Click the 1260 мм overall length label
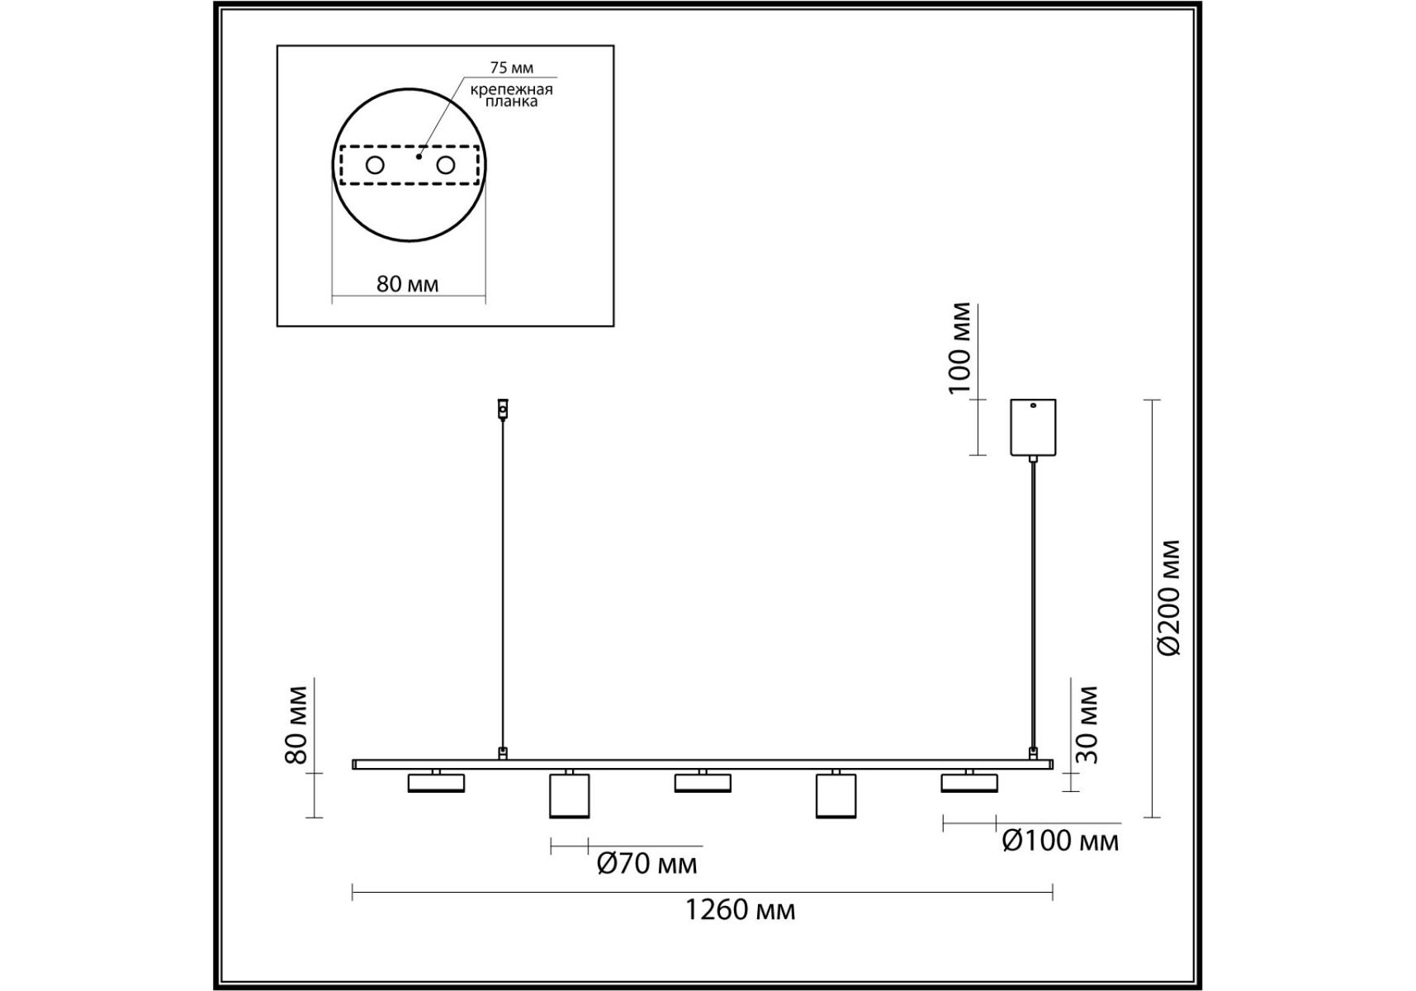741,910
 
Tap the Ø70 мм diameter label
646,864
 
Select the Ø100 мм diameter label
1060,841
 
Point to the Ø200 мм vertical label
1169,597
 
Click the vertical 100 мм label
959,349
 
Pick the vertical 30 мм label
1087,724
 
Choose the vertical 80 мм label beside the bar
296,724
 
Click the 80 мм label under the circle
407,284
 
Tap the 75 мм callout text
512,68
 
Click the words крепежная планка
512,95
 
